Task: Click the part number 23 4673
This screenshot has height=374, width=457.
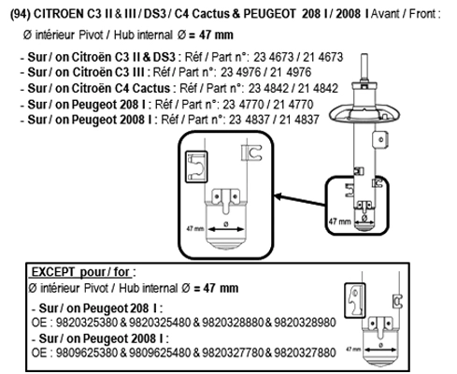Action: [273, 57]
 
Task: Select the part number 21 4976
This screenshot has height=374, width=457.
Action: [291, 72]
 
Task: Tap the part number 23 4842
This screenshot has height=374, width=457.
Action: [268, 89]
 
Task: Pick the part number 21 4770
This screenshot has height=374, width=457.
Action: [293, 105]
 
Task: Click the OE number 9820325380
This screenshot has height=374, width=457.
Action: [87, 323]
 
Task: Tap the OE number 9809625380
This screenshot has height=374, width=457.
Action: [87, 352]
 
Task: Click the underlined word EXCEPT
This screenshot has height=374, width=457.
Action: [53, 272]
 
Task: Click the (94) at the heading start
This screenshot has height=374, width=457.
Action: [21, 14]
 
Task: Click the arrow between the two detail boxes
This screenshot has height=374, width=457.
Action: [299, 200]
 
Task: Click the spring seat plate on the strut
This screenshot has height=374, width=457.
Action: [364, 115]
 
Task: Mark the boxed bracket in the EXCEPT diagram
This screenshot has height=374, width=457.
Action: [355, 300]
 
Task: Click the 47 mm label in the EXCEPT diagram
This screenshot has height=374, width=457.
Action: [353, 349]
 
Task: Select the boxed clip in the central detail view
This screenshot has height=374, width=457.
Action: [196, 166]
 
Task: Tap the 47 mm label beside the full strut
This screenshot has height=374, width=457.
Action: [340, 222]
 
